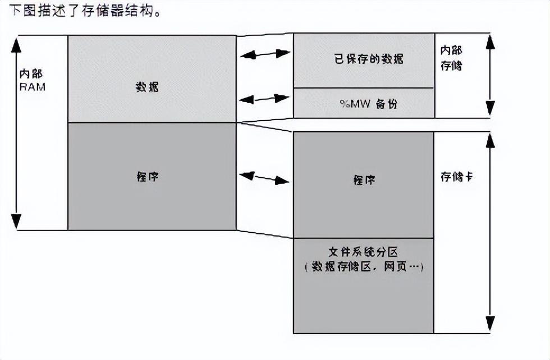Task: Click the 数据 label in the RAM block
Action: coord(147,87)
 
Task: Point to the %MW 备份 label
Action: coord(363,104)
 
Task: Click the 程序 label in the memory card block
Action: coord(364,180)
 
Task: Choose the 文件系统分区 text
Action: coord(363,252)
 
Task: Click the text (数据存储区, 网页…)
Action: coord(364,267)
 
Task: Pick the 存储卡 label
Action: coord(456,176)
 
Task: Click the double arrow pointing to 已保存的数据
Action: coord(265,54)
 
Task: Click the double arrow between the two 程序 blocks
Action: coord(264,178)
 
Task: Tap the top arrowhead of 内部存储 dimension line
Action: coord(491,42)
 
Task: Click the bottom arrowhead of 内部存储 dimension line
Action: coord(491,109)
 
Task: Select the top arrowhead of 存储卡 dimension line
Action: coord(491,140)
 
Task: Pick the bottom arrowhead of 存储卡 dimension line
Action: coord(491,324)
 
